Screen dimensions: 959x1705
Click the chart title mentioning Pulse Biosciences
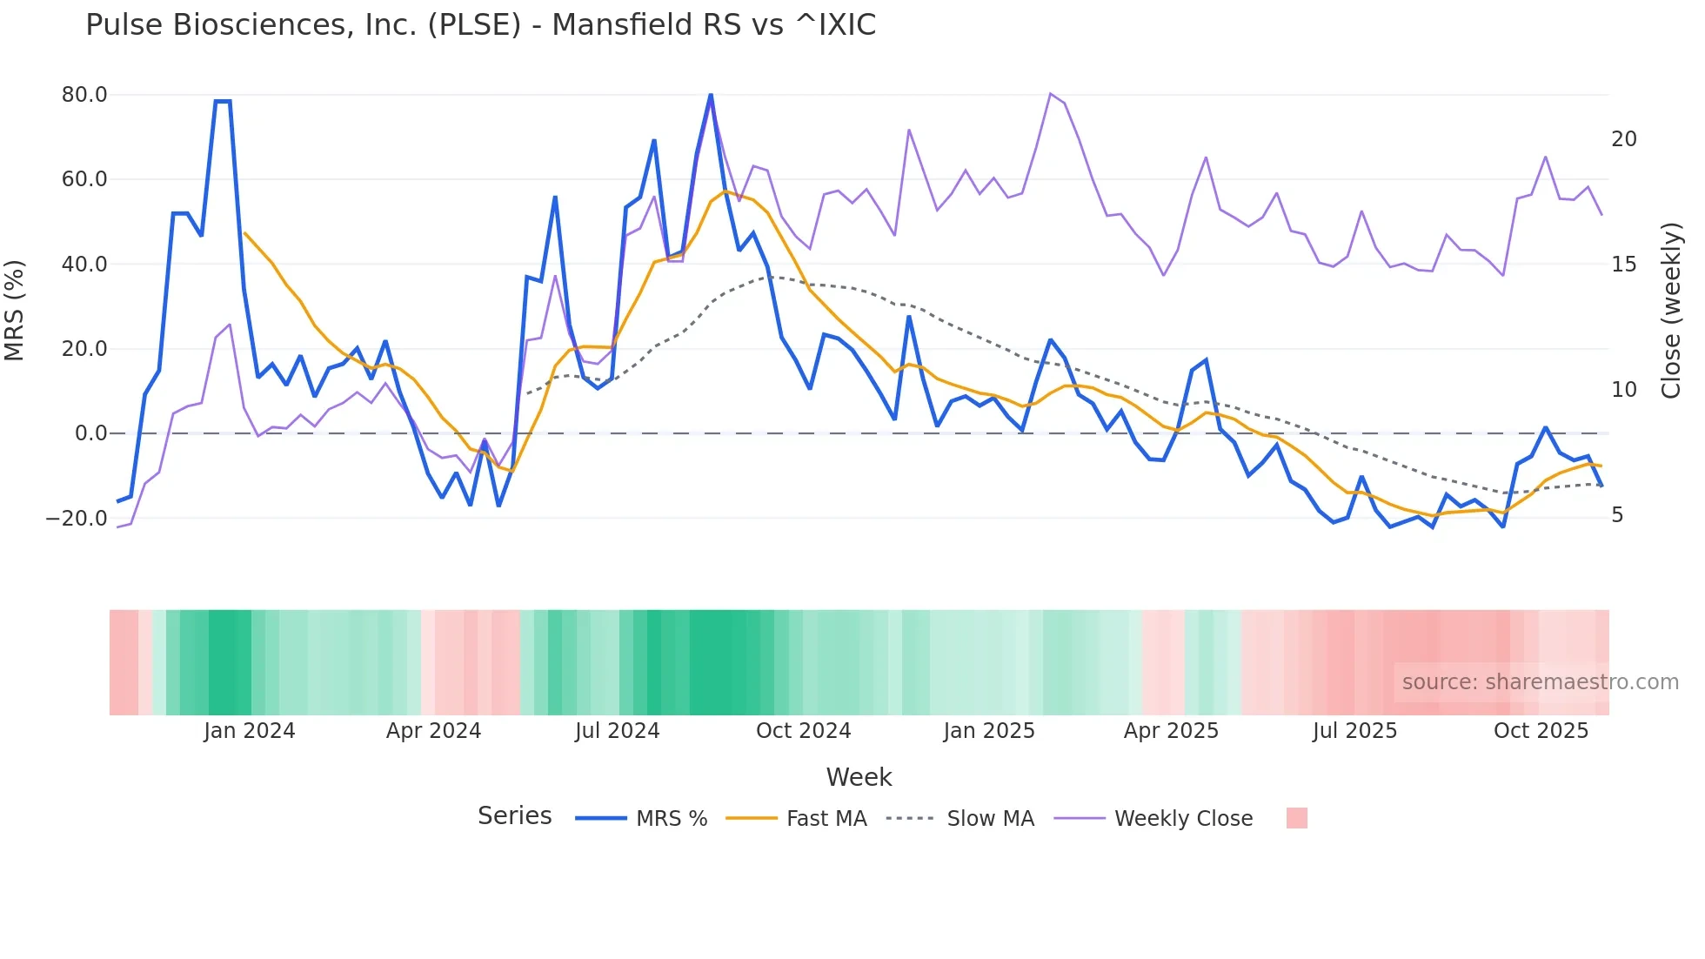(x=480, y=25)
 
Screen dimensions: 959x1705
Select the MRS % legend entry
(x=671, y=819)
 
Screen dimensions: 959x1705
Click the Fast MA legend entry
(x=826, y=819)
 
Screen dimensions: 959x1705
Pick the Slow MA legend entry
(x=990, y=819)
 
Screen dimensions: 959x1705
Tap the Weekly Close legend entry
(x=1183, y=819)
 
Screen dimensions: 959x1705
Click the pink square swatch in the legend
(x=1296, y=818)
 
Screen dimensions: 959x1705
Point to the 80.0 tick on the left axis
(x=84, y=95)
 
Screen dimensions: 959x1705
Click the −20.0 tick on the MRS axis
(x=77, y=519)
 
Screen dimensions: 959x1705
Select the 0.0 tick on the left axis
(x=91, y=433)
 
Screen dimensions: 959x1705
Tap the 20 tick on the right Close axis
(x=1623, y=139)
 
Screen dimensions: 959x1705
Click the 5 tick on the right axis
(x=1617, y=515)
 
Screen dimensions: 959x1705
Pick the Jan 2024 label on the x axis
(x=250, y=731)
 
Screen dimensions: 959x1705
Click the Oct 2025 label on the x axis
(x=1541, y=731)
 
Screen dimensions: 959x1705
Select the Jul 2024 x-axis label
(x=617, y=731)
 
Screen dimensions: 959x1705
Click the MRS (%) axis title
(x=15, y=310)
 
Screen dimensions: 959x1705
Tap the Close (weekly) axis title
(x=1671, y=311)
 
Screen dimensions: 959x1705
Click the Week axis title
(x=859, y=777)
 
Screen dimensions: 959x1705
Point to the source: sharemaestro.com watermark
(x=1540, y=682)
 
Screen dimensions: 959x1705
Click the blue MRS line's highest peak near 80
(x=711, y=95)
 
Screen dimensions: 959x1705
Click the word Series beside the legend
(x=514, y=816)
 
